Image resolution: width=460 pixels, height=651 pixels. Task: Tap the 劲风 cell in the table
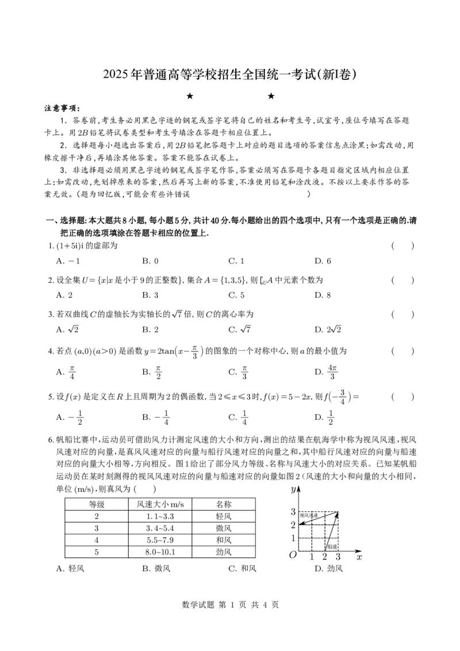click(223, 552)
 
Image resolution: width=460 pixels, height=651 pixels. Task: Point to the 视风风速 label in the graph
click(308, 515)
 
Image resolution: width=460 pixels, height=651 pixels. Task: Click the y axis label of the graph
click(293, 489)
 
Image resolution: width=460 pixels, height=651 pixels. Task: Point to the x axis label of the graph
click(359, 556)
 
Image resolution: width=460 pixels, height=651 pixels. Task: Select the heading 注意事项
click(63, 108)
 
